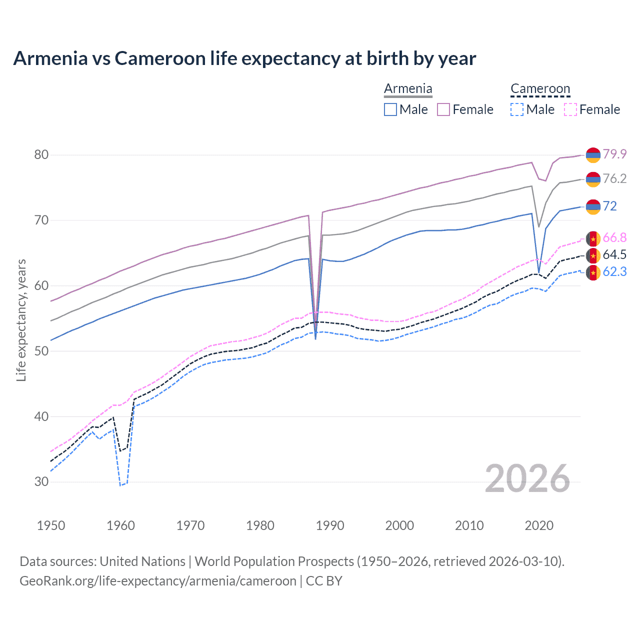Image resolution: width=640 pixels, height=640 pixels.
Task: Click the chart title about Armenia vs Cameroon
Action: tap(244, 58)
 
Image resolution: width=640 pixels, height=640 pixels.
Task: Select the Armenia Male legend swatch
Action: tap(390, 109)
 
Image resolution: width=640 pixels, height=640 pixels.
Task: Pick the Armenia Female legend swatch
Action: tap(443, 109)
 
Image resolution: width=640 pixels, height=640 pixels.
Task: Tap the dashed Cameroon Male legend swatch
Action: tap(517, 109)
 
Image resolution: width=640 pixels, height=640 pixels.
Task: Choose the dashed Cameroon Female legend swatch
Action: tap(570, 109)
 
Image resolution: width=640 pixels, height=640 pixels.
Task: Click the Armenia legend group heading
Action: tap(408, 88)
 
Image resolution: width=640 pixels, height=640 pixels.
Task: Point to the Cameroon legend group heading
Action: tap(540, 88)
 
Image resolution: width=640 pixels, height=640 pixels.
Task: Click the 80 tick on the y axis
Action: tap(41, 154)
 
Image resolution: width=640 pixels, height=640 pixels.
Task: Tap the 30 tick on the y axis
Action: tap(41, 481)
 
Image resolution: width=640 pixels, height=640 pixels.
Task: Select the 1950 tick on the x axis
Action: tap(51, 525)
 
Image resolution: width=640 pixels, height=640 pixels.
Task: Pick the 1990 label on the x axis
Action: tap(330, 525)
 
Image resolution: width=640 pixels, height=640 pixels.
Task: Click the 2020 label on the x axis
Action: tap(539, 525)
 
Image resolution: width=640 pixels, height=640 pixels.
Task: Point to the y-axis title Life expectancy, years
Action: tap(21, 320)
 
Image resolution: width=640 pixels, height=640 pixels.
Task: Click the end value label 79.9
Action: tap(614, 154)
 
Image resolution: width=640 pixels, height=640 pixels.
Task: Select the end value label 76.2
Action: tap(614, 178)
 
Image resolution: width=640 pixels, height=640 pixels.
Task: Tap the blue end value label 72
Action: tap(609, 206)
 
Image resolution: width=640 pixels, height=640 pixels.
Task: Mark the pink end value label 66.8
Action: tap(614, 237)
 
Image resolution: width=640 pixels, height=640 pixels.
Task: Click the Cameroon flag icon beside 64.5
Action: tap(593, 255)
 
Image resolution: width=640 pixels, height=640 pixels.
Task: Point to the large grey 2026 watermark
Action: tap(527, 478)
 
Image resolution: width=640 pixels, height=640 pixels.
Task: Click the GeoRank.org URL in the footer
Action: tap(158, 581)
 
